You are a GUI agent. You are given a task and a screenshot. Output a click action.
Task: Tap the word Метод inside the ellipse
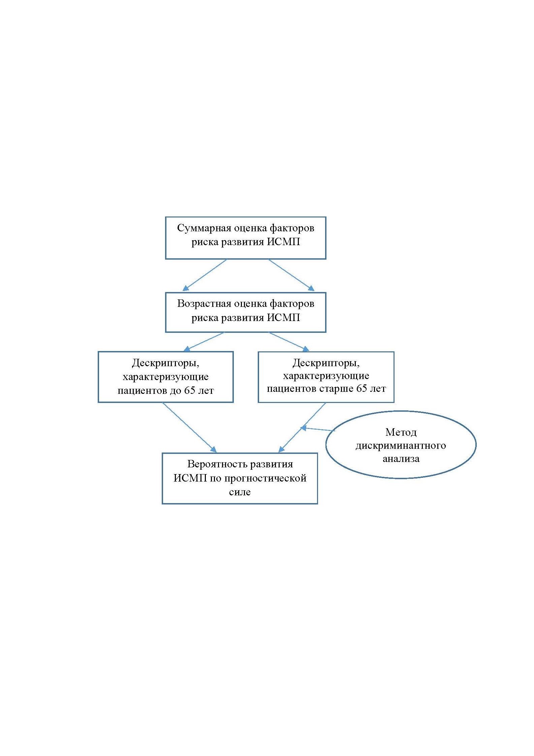(401, 432)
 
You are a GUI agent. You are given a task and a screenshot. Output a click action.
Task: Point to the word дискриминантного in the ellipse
(401, 446)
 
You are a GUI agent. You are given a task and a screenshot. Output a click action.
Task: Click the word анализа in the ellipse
(401, 459)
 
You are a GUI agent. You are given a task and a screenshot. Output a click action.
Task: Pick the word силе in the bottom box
(240, 492)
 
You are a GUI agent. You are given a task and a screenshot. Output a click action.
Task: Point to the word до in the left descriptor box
(175, 391)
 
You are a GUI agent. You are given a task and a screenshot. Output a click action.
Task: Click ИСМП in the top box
(284, 242)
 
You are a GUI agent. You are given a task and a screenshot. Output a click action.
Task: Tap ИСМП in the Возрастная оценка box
(284, 318)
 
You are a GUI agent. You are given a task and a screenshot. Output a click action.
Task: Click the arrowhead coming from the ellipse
(303, 428)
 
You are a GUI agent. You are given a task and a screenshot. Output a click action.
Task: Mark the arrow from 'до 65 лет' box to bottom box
(190, 427)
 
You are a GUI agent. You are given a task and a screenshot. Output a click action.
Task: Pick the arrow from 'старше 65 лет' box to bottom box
(302, 428)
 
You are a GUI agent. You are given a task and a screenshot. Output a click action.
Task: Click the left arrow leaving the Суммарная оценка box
(205, 275)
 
